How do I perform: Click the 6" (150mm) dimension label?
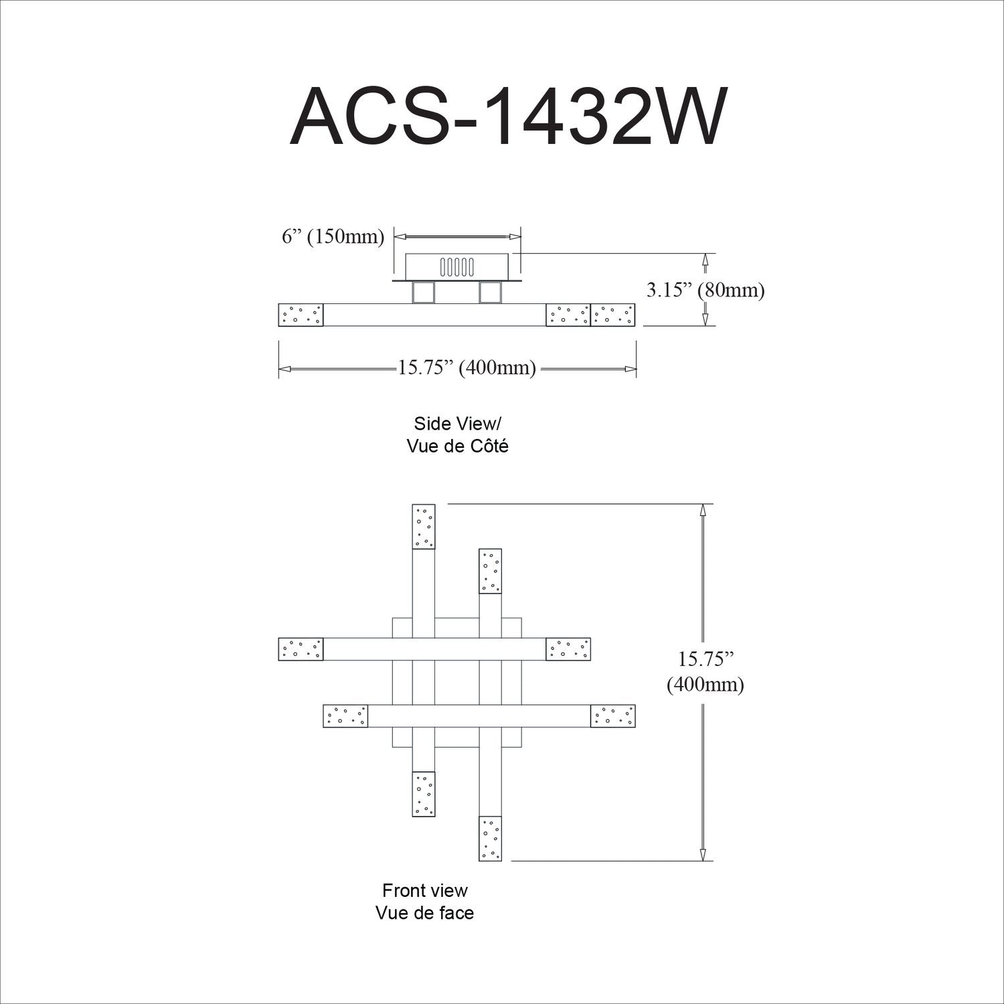333,237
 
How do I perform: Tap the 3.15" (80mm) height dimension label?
704,290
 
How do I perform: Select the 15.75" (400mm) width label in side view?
467,368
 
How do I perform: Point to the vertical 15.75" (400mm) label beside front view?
705,672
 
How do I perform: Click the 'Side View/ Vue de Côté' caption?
457,434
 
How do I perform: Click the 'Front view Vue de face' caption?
424,901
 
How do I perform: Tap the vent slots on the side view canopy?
456,267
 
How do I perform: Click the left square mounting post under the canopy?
424,293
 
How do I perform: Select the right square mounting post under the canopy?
491,293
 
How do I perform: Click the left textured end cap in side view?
301,315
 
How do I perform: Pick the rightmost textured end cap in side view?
613,315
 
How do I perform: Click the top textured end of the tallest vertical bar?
424,527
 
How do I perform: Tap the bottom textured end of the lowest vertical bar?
491,838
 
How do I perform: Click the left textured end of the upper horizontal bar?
301,649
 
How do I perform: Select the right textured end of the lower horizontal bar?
612,716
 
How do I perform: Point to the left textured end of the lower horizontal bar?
345,716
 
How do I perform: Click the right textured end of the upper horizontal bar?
568,649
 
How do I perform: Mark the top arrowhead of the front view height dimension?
703,509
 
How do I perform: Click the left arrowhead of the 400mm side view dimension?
284,369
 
